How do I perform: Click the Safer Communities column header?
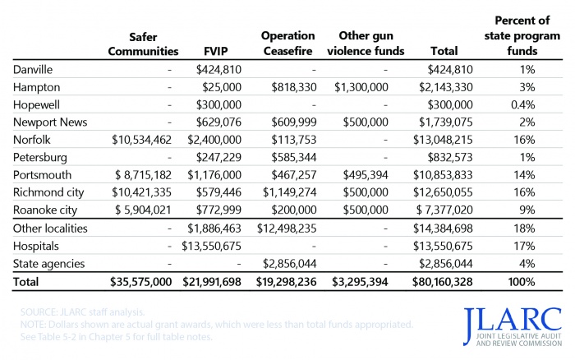(x=143, y=44)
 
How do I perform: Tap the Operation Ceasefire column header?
(x=287, y=44)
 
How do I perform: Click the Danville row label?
(x=34, y=69)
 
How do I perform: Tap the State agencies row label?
(x=48, y=264)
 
